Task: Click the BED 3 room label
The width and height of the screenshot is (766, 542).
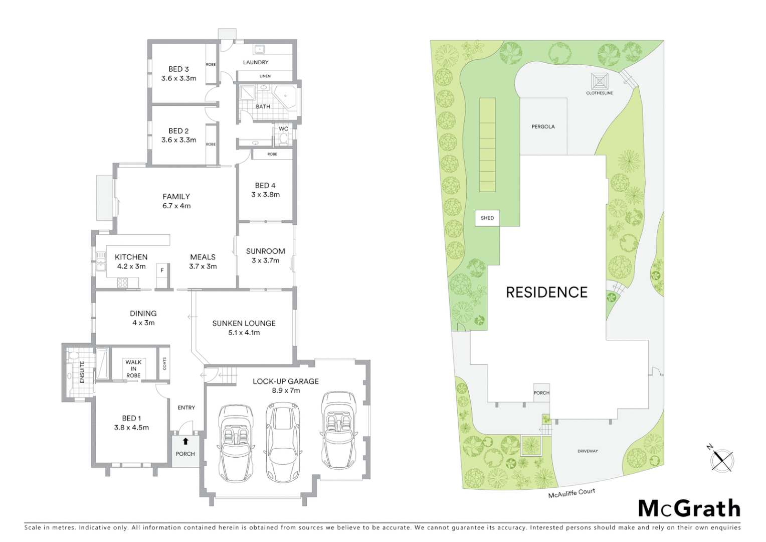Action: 178,69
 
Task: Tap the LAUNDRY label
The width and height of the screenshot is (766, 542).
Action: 256,62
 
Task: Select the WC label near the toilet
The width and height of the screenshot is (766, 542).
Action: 283,129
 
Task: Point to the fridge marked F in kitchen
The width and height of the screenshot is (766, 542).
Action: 162,270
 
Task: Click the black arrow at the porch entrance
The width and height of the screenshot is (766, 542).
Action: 185,442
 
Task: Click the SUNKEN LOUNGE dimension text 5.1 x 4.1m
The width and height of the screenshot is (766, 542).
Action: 244,333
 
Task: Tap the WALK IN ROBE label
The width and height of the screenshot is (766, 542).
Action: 133,369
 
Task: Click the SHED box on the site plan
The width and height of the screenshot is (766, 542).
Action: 487,218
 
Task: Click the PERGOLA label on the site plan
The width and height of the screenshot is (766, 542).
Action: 543,126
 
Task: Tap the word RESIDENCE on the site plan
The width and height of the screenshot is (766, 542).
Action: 546,293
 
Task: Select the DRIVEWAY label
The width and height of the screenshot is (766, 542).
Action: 588,451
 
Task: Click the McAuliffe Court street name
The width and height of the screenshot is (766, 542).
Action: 571,493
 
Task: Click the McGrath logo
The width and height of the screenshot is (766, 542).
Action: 689,508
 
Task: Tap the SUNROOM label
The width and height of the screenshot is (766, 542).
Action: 265,251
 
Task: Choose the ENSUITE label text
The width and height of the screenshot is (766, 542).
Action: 82,372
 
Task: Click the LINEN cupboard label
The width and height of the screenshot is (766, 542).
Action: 265,76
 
